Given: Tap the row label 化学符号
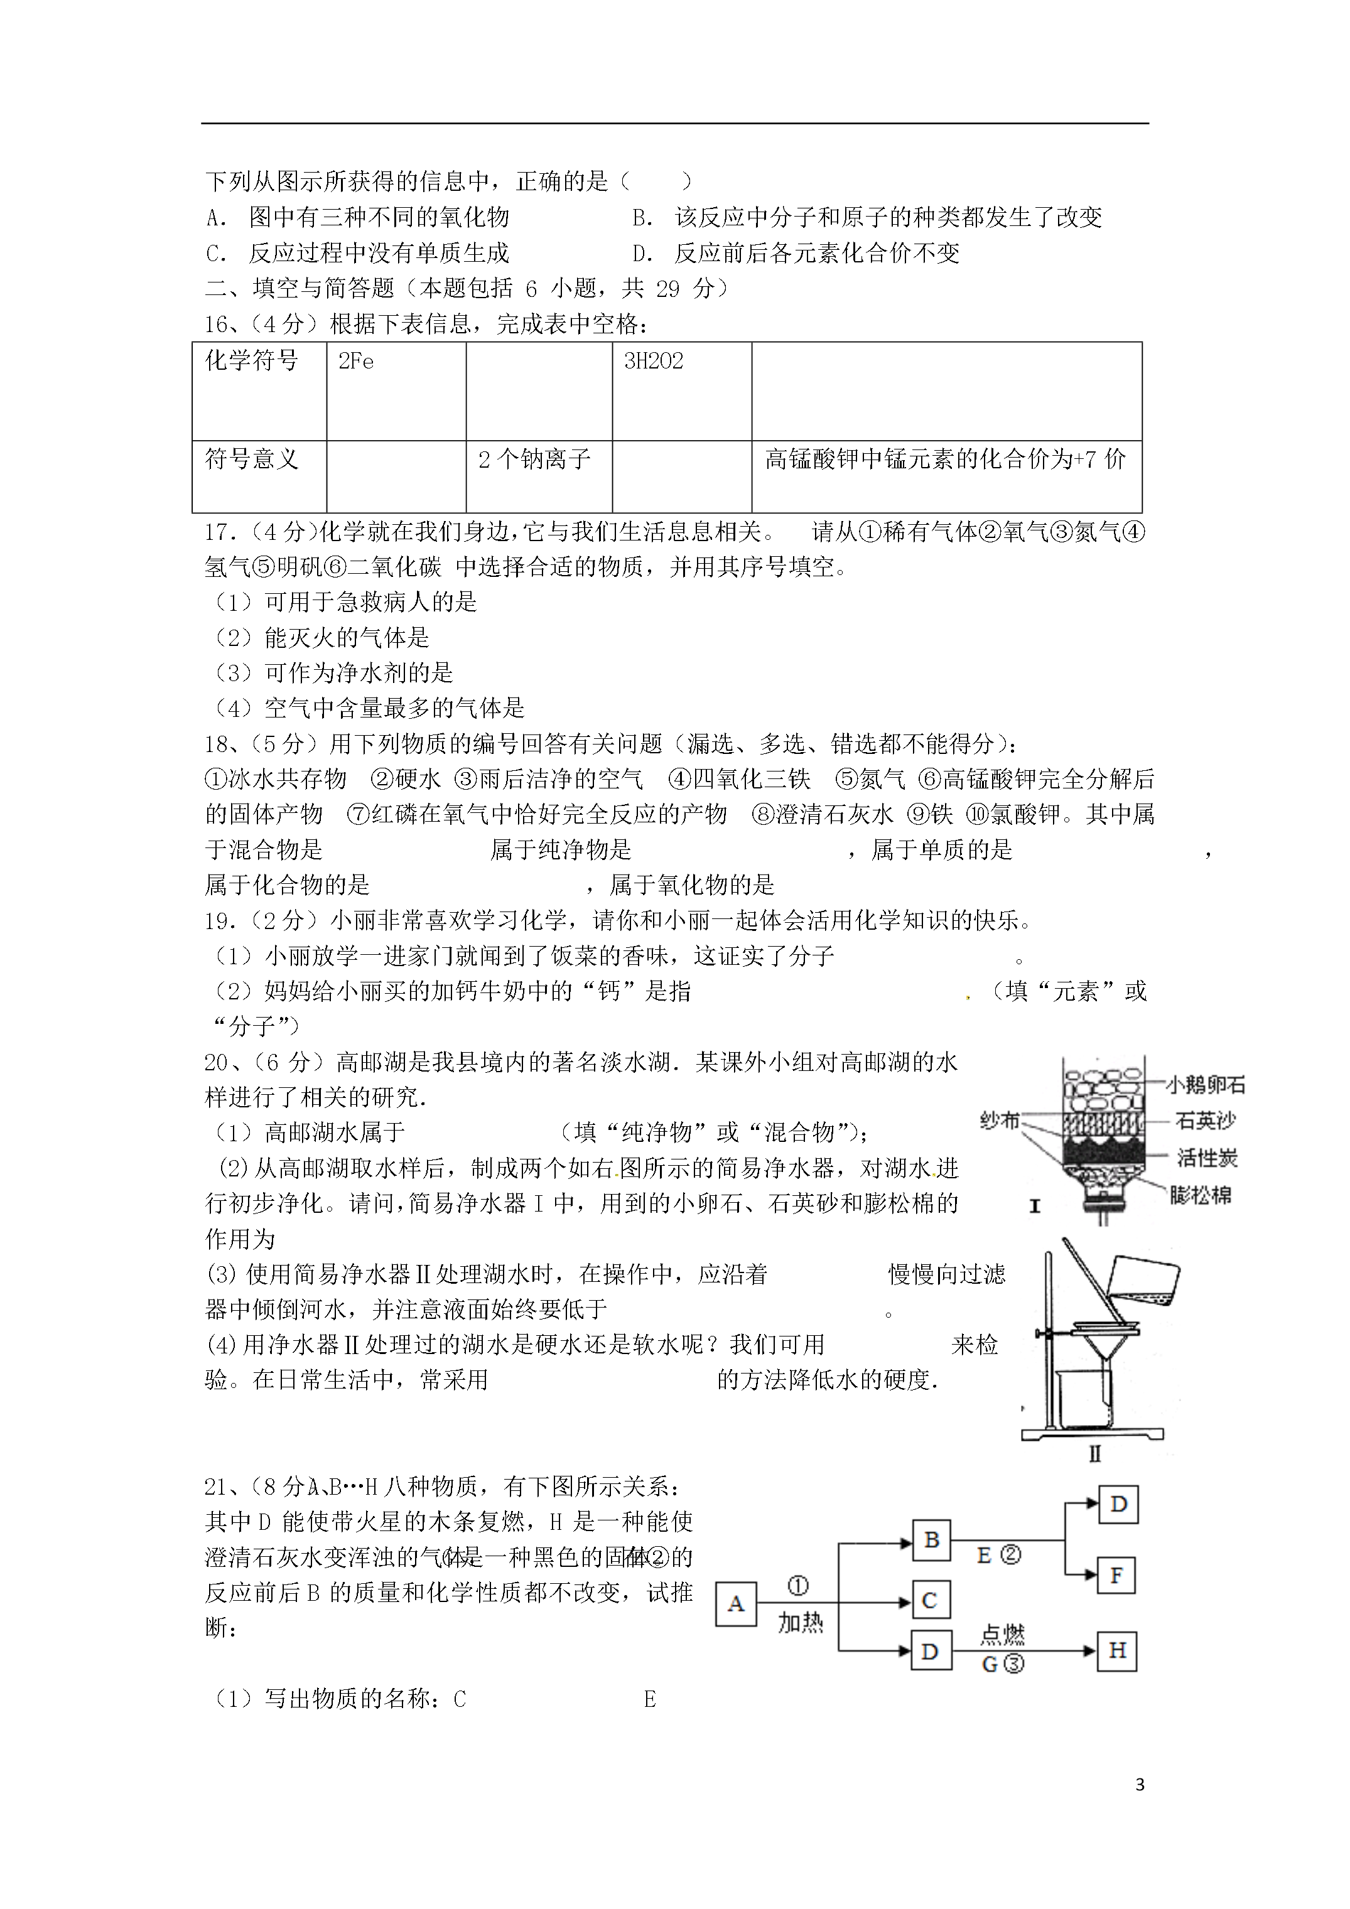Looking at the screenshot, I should pos(251,362).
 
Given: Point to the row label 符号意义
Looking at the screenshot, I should pos(251,459).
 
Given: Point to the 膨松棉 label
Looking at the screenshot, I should pos(1201,1196).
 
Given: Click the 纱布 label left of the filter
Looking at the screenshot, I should pos(1000,1121).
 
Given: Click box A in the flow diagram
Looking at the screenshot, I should pos(735,1604).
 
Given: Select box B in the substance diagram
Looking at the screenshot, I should pos(931,1540).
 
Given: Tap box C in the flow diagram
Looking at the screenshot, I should pos(930,1601).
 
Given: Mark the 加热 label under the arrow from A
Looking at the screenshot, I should pos(799,1622).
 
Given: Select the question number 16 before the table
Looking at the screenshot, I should pos(218,325).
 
